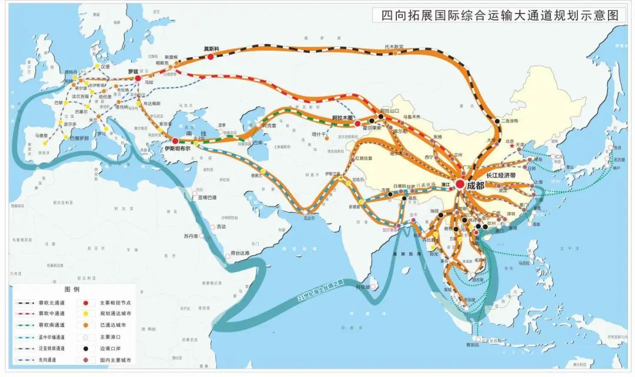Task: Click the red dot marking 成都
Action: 460,184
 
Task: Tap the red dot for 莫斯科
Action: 209,55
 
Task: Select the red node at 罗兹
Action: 138,78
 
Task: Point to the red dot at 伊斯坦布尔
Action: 175,141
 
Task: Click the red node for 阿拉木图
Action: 357,124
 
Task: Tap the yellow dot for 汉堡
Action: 97,73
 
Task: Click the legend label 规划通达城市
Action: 112,314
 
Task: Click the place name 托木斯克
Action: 394,46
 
